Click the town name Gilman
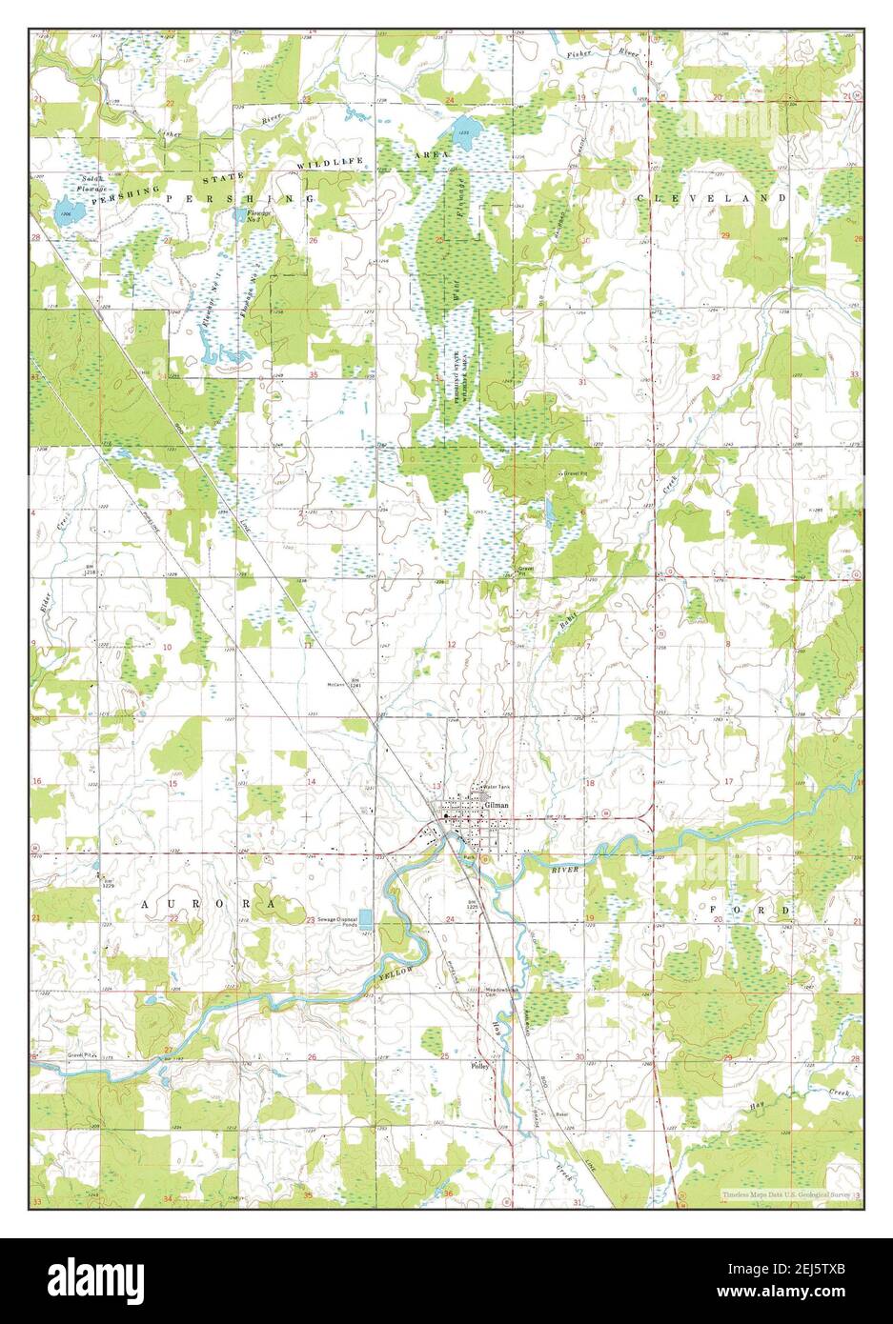(497, 805)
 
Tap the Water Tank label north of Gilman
(497, 787)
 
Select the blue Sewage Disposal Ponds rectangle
(366, 919)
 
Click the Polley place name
(479, 1067)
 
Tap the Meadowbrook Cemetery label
(501, 991)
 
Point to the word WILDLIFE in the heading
(331, 164)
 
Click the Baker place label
(561, 1113)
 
